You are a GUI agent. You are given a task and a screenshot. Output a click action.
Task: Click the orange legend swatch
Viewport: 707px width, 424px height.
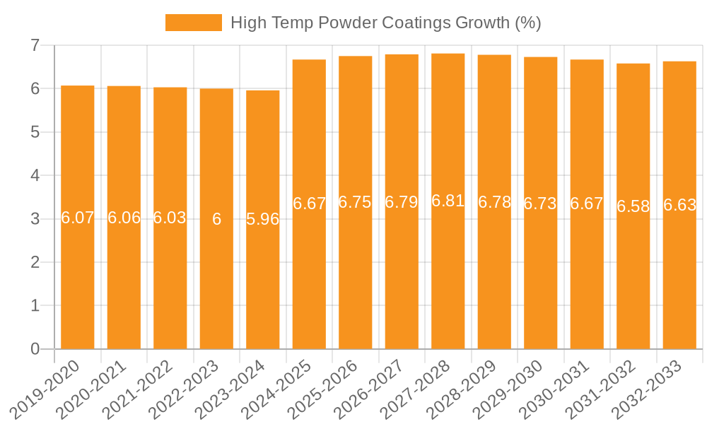point(193,23)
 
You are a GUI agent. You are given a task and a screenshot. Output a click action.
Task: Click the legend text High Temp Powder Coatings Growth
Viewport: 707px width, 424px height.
point(385,23)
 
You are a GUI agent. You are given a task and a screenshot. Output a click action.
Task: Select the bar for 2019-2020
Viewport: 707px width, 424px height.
point(78,283)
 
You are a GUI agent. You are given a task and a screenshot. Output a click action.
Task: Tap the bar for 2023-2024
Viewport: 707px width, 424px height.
point(263,283)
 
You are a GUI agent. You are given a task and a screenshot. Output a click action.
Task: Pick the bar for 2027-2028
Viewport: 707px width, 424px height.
point(448,283)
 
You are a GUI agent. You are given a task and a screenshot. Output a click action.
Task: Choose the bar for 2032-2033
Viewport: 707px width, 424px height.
point(679,283)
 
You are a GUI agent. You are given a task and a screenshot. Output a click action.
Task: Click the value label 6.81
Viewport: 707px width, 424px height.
point(448,201)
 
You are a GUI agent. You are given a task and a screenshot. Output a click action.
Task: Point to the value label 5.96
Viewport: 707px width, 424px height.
point(263,219)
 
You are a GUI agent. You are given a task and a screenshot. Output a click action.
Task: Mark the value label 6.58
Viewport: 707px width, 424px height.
point(633,206)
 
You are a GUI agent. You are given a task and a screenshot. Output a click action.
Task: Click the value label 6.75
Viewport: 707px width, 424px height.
point(356,202)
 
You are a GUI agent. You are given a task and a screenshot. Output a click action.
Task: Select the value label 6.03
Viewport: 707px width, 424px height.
point(170,218)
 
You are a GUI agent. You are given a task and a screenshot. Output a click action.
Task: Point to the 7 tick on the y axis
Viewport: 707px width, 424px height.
point(34,45)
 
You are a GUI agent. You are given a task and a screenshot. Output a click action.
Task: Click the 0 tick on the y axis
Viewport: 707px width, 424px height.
point(34,349)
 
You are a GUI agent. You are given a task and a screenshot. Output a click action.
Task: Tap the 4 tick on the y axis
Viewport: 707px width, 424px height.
point(34,175)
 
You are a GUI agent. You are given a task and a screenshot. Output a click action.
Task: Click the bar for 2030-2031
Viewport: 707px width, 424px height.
point(587,283)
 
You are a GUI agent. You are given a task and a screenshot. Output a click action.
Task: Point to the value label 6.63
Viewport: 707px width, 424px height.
point(679,206)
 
